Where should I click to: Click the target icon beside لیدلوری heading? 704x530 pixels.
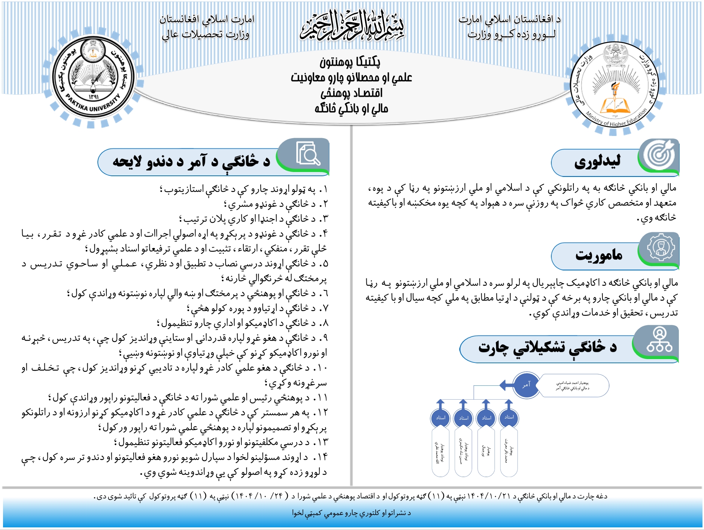[x=659, y=155]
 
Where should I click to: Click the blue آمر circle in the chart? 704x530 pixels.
[x=526, y=385]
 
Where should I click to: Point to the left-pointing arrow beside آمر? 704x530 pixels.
[x=506, y=385]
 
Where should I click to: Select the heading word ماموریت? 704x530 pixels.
[x=599, y=255]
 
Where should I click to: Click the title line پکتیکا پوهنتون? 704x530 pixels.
[x=350, y=62]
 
